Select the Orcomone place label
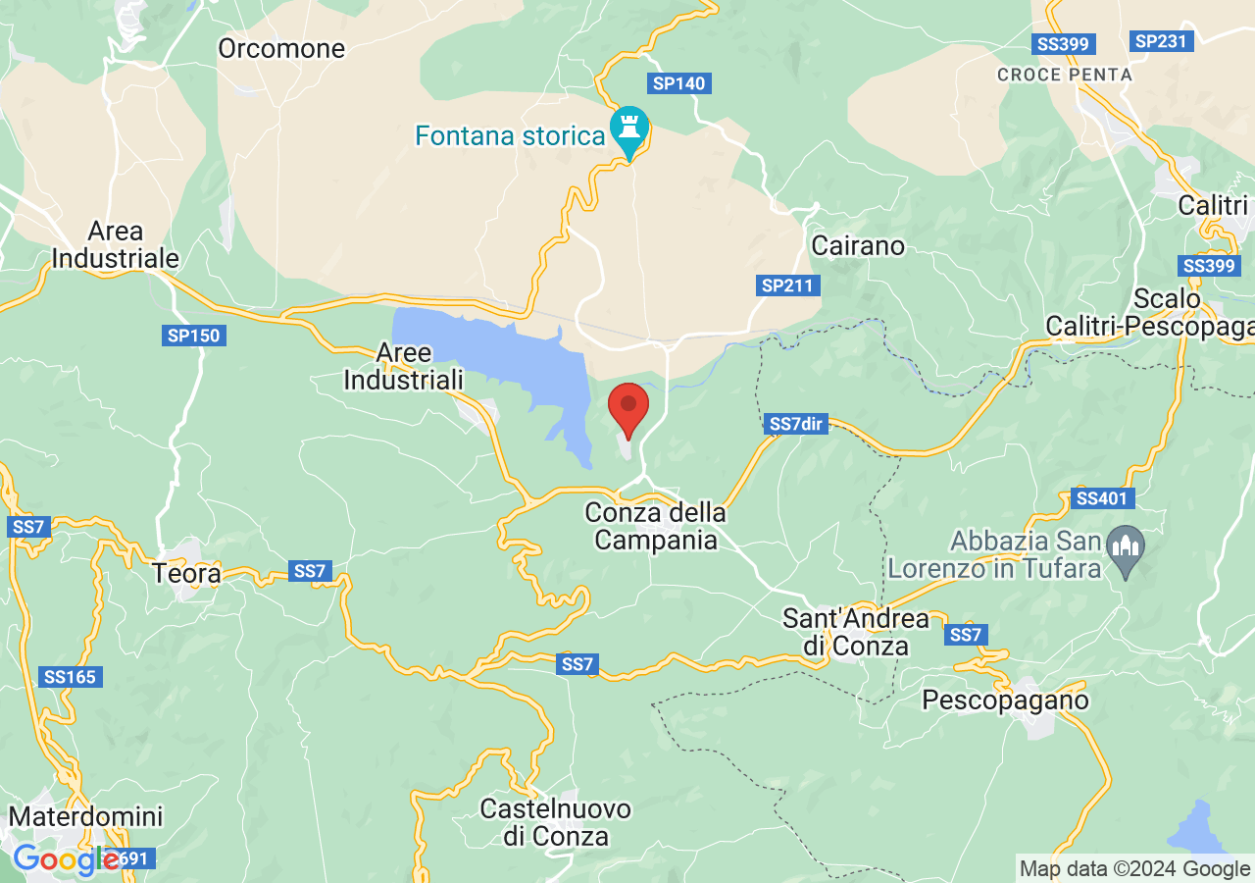coord(281,48)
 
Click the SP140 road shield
coord(679,83)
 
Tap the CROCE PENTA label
coord(1064,75)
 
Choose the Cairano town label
coord(858,245)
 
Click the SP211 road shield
coord(789,286)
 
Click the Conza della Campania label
coord(655,526)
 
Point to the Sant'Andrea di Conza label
coord(855,632)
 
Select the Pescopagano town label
coord(1006,701)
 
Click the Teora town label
coord(187,572)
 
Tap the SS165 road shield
coord(72,677)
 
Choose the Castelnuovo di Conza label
coord(556,822)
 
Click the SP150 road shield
coord(194,336)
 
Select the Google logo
coord(66,859)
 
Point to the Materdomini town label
coord(85,816)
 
